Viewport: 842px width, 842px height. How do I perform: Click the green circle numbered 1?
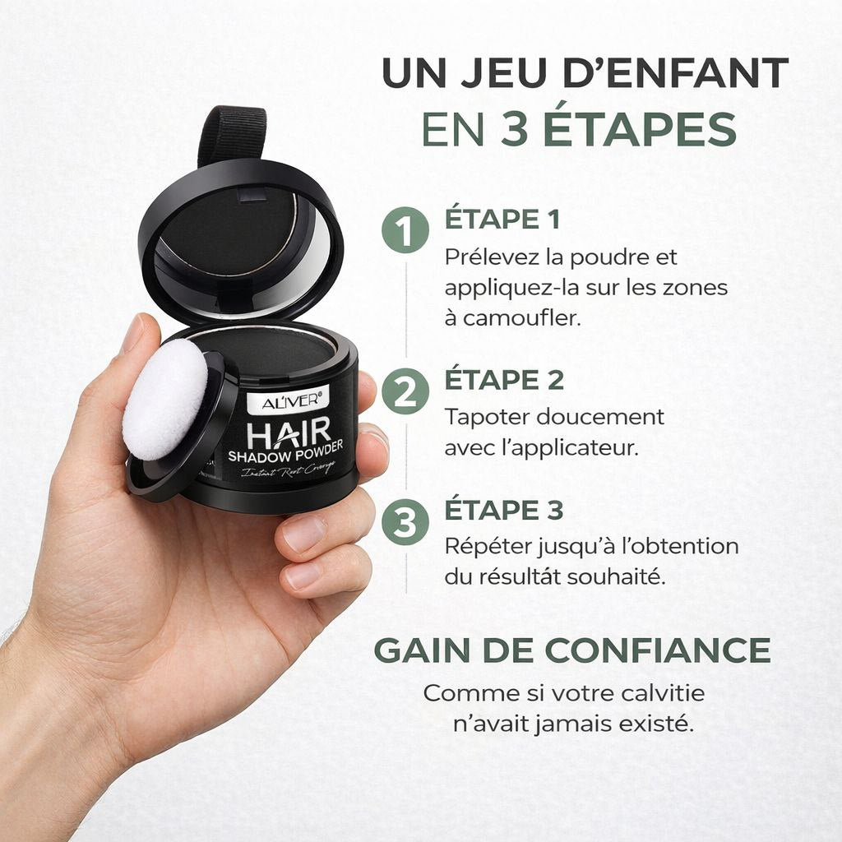[x=405, y=232]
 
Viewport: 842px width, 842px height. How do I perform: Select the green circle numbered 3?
[x=405, y=521]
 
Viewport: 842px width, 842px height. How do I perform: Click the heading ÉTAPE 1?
[x=502, y=220]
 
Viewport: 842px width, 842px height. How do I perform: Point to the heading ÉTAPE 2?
[x=503, y=380]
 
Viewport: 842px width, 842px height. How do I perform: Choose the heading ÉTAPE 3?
[x=503, y=510]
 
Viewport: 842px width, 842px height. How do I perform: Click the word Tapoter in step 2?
[x=487, y=417]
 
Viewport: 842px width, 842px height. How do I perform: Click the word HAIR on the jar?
[x=289, y=432]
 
